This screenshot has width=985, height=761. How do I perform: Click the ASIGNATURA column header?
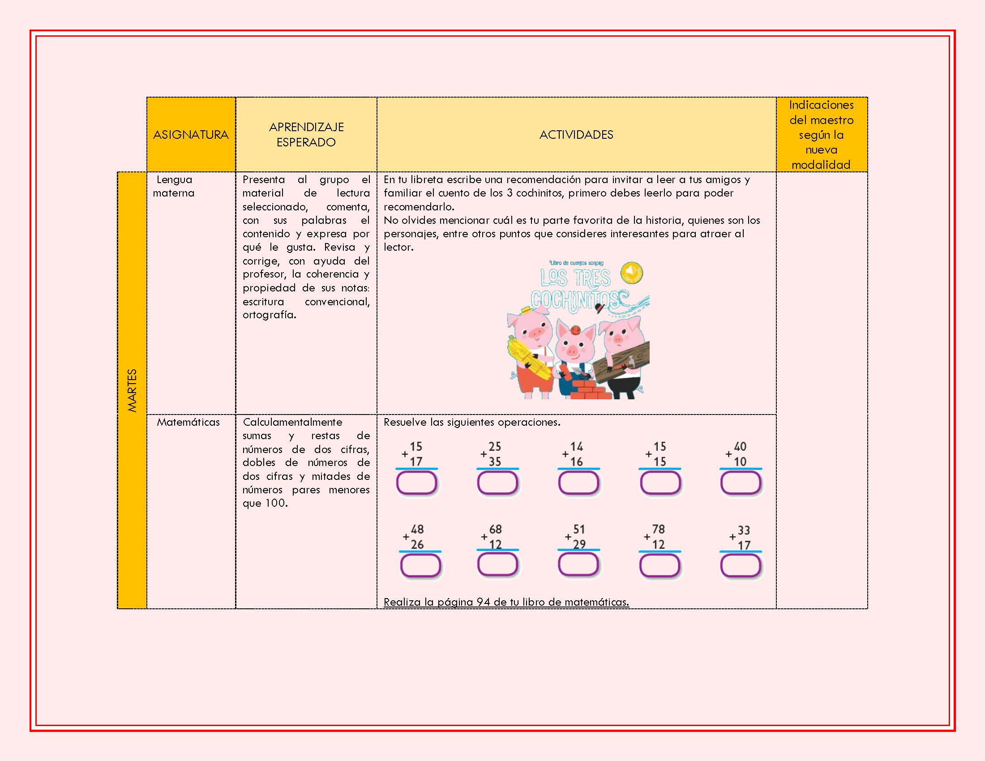(x=191, y=134)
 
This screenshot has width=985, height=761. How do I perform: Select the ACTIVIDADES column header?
(x=576, y=134)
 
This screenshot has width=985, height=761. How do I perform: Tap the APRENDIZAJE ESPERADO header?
(x=306, y=134)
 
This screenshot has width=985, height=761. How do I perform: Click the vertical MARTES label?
(x=132, y=390)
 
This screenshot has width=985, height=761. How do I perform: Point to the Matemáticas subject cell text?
(x=188, y=422)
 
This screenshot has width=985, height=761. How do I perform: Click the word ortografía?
(x=269, y=315)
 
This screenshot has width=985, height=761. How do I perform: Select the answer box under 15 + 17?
(x=416, y=483)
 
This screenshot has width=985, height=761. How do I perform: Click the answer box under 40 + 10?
(x=741, y=483)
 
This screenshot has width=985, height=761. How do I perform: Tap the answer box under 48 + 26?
(x=420, y=565)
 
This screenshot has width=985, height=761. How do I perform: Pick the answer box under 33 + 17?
(x=741, y=565)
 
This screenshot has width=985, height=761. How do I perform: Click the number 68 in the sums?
(x=495, y=529)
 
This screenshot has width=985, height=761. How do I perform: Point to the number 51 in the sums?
(x=579, y=529)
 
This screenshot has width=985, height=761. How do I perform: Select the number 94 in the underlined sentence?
(x=484, y=602)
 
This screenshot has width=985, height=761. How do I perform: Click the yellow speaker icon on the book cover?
(x=632, y=272)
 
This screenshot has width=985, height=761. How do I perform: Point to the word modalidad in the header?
(x=821, y=165)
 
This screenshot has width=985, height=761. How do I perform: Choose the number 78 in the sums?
(x=659, y=529)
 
